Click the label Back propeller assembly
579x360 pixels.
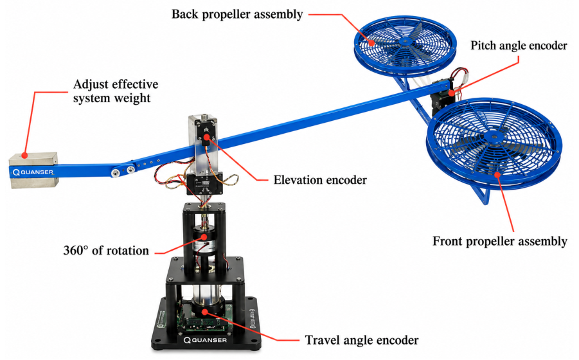237,14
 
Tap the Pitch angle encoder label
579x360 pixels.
519,46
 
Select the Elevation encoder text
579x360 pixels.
320,180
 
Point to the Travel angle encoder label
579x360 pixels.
362,340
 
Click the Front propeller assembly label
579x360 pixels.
499,241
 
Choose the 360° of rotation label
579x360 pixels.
106,250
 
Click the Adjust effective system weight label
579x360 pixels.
116,91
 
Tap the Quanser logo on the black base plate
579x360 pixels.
205,339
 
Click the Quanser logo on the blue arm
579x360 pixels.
33,172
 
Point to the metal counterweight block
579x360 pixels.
33,170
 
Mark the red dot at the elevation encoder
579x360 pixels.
205,138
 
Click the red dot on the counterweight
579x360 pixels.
24,155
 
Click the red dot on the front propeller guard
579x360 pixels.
497,174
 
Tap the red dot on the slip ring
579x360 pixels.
203,237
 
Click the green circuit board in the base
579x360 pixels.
204,319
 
